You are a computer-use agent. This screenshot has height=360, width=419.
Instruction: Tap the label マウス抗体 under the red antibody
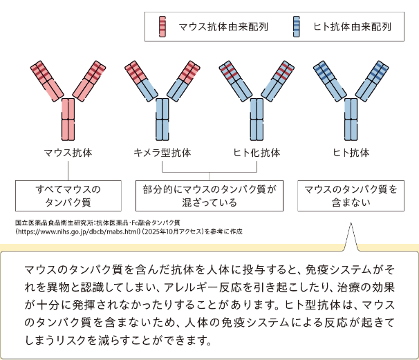pos(68,153)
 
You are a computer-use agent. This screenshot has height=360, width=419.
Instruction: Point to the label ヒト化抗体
pos(257,153)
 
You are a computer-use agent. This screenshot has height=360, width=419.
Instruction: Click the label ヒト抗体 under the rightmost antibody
pos(351,153)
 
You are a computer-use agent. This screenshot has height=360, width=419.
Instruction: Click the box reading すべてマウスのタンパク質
pos(68,196)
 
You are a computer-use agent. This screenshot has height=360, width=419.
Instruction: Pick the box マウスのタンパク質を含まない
pos(351,196)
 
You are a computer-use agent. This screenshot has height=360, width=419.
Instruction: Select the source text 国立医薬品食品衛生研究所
pos(54,222)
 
